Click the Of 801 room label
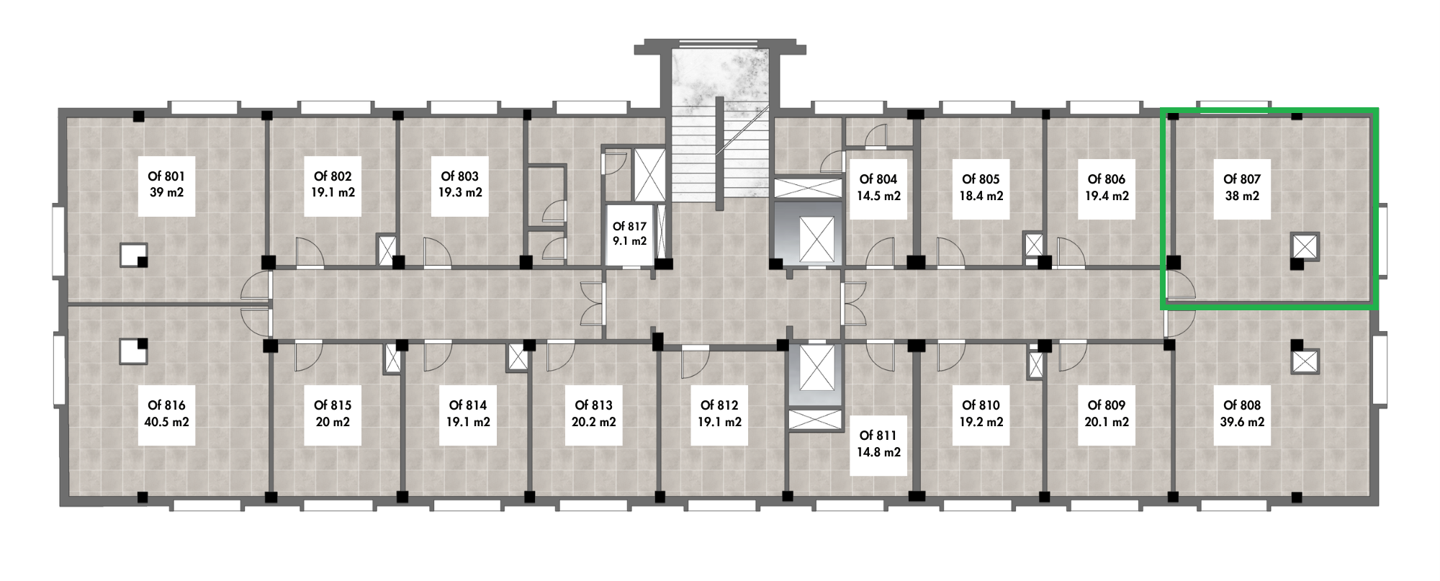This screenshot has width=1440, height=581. point(166,176)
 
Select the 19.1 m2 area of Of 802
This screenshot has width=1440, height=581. point(333,193)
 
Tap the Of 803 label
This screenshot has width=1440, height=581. point(460,176)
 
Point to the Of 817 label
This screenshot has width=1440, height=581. point(629,227)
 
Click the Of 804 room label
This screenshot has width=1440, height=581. point(878,179)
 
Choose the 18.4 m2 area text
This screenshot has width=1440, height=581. point(981,196)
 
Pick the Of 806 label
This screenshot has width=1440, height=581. point(1107,179)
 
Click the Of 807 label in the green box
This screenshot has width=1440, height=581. point(1242,179)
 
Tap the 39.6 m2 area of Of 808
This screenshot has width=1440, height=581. point(1242,423)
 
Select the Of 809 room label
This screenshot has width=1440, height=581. point(1107,405)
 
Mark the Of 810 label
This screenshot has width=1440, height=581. point(981,405)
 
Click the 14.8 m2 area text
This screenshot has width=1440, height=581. point(878,453)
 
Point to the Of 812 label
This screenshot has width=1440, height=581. point(719,405)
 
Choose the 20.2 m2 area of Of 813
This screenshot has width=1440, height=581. point(594,423)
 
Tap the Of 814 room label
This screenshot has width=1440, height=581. point(468,405)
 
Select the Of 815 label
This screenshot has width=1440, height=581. point(333,405)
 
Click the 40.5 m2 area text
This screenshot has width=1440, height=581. point(166,423)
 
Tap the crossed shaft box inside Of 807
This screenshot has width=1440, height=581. point(1305,246)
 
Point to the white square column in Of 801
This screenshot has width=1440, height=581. point(132,254)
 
